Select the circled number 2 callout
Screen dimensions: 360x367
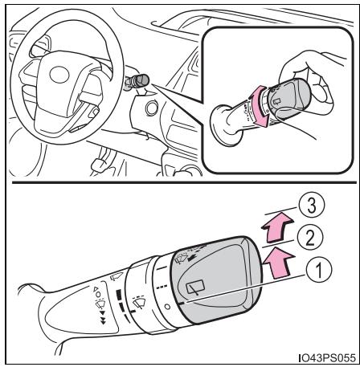[x=310, y=238]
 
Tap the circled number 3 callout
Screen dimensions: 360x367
[x=311, y=206]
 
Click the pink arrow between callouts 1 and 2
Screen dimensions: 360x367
[x=279, y=263]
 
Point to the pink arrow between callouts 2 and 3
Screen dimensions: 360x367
[x=278, y=226]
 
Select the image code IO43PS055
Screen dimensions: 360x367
[x=328, y=357]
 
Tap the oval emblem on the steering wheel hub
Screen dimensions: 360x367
[x=59, y=74]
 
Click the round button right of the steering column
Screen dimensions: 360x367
[x=152, y=108]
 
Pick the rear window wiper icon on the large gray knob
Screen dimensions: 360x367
[x=195, y=287]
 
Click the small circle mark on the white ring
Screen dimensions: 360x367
[x=167, y=307]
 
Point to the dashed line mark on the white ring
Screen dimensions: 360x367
[x=162, y=287]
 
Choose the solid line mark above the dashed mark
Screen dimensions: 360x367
[x=162, y=267]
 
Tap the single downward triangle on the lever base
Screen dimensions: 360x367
[x=101, y=312]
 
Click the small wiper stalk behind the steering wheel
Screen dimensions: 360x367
[x=137, y=81]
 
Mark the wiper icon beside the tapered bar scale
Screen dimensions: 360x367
[x=140, y=302]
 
